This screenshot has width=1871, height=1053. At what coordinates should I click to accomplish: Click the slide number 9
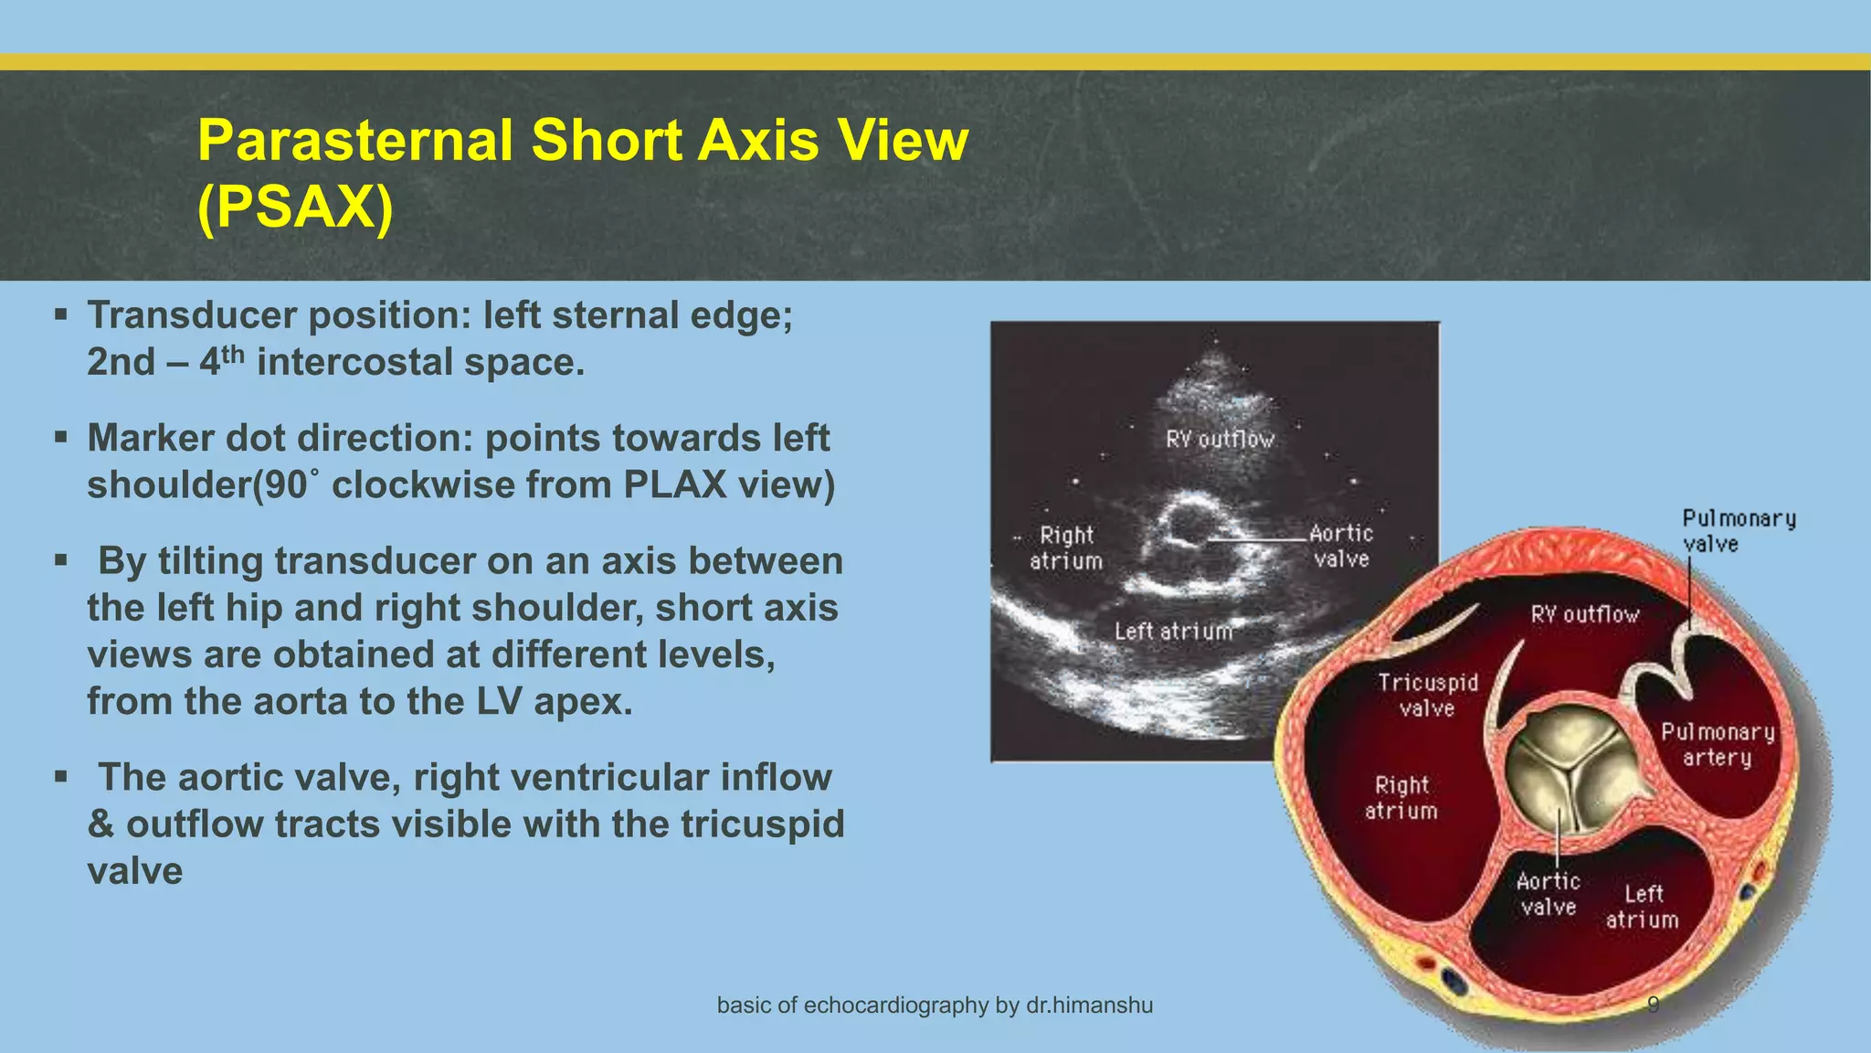point(1653,1005)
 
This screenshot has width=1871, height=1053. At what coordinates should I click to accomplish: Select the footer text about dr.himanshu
point(935,1005)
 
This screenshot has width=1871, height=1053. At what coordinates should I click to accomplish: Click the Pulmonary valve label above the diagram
point(1738,531)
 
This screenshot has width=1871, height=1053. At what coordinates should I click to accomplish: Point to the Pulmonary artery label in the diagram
point(1717,744)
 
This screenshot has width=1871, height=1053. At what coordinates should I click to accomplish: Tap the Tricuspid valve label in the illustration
point(1427,695)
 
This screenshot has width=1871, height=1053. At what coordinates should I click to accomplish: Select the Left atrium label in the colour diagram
point(1643,906)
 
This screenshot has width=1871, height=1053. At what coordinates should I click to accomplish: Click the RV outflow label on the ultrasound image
point(1219,440)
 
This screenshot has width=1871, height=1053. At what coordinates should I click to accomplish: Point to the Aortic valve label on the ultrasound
point(1340,546)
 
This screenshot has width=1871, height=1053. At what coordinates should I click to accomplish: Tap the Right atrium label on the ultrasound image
point(1065,548)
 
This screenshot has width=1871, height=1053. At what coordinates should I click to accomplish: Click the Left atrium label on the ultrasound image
point(1173,631)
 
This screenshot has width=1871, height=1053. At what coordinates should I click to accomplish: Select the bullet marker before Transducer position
point(61,315)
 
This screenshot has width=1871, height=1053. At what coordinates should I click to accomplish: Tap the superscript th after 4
point(232,352)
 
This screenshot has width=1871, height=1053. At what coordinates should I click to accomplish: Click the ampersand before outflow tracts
point(100,824)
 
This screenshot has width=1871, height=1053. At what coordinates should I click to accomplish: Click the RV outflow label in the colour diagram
point(1584,614)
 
